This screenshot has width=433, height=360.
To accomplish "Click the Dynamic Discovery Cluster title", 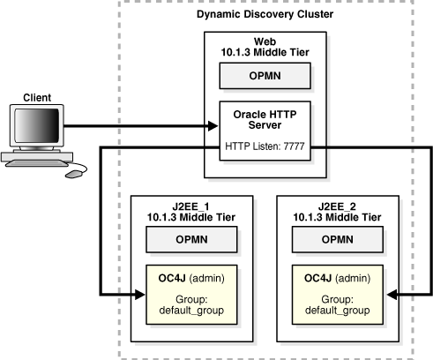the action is coord(265,14).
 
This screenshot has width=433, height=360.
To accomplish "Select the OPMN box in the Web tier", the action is coord(265,76).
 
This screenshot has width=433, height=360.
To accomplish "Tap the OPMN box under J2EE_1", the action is coord(191,239).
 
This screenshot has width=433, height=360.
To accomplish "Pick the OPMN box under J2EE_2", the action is coord(338,239).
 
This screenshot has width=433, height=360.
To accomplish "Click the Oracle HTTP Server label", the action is coord(265,120).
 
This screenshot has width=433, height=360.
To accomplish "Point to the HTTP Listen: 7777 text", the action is coord(265,146).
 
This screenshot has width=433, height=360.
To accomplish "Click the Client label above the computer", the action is coord(37,98).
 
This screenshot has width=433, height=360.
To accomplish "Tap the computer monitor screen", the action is coord(37,125).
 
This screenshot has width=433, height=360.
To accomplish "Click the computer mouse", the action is coord(74,174).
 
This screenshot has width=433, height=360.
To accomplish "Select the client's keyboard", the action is coord(37,163).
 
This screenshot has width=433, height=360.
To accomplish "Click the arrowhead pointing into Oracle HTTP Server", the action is coord(213,126).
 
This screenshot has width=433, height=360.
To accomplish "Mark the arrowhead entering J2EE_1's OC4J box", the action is coord(139,294).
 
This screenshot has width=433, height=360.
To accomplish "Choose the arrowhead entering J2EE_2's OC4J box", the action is coord(392,294).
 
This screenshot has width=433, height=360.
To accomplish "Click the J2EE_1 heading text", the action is coord(191,206).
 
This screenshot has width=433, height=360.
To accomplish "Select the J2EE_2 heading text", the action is coord(337,206).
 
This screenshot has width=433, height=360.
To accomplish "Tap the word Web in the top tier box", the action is coord(265,41).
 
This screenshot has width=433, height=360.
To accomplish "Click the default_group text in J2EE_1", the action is coord(191,311).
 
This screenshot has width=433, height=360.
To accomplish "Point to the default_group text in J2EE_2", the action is coord(338,311).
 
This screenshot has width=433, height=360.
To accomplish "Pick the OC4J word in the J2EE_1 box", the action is coord(172,278).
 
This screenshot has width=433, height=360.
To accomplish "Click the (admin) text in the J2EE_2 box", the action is coord(353,278).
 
